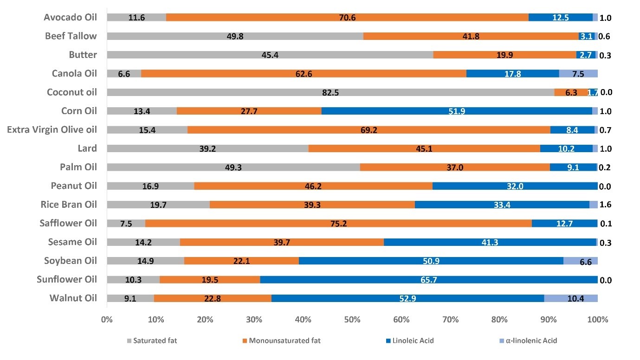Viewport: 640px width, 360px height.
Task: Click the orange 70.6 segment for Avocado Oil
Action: point(347,17)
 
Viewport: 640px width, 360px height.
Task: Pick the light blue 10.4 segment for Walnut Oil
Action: point(570,298)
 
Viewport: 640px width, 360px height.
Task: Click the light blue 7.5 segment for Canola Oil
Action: point(578,73)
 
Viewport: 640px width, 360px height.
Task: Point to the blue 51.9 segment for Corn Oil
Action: point(456,111)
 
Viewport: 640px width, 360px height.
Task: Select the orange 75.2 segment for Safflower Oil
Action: point(338,223)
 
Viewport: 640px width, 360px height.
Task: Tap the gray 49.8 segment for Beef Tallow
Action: point(235,36)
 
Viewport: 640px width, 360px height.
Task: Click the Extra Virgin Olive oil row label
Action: point(52,129)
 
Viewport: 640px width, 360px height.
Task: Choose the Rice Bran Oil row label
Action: point(69,205)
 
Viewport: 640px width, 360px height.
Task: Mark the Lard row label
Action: point(87,148)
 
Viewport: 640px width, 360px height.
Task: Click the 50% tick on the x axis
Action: point(352,320)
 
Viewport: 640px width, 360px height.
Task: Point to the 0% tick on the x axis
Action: point(107,320)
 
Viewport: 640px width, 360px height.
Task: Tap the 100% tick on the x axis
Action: point(597,320)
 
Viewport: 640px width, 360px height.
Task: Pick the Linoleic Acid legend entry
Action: point(413,341)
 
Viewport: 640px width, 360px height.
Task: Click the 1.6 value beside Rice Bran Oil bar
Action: point(605,205)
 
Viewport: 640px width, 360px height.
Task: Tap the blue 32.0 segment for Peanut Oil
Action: point(515,186)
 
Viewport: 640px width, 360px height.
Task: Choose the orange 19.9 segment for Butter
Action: point(504,55)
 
